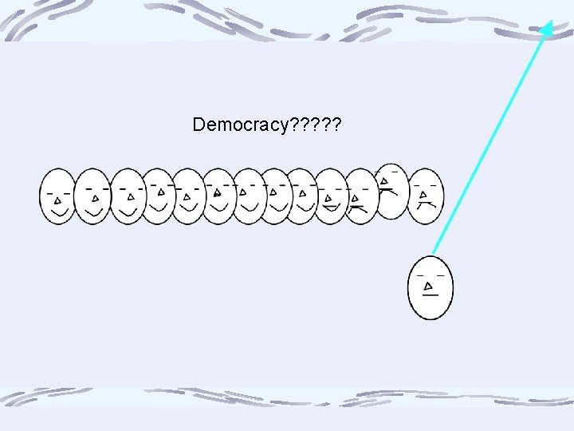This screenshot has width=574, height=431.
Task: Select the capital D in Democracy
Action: [x=199, y=125]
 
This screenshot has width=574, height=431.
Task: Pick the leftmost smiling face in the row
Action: [x=57, y=196]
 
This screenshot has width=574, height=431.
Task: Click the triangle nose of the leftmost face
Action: [x=57, y=200]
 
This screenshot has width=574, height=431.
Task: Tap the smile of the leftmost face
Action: [x=58, y=213]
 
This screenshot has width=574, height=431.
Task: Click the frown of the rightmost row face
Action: [x=427, y=204]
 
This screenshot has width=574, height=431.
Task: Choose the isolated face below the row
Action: [x=431, y=287]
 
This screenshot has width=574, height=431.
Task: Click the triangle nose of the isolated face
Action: [x=430, y=286]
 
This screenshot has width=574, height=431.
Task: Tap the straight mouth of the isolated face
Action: [x=431, y=295]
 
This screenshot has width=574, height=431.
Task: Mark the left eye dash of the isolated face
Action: [x=419, y=275]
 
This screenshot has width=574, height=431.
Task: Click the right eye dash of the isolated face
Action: [x=440, y=275]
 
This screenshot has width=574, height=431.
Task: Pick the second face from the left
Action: [x=92, y=196]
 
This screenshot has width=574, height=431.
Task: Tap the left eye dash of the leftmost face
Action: [x=49, y=192]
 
